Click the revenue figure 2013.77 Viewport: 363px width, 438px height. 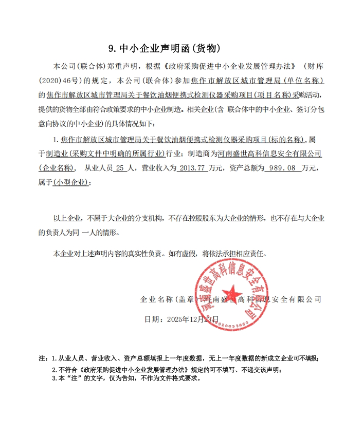tap(192, 167)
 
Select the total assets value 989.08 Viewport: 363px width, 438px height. tap(280, 167)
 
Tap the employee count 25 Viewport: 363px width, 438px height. tap(120, 167)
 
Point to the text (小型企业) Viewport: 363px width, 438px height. tap(71, 182)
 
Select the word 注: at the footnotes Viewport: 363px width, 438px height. tap(43, 358)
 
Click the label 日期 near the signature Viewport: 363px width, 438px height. tap(153, 319)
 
